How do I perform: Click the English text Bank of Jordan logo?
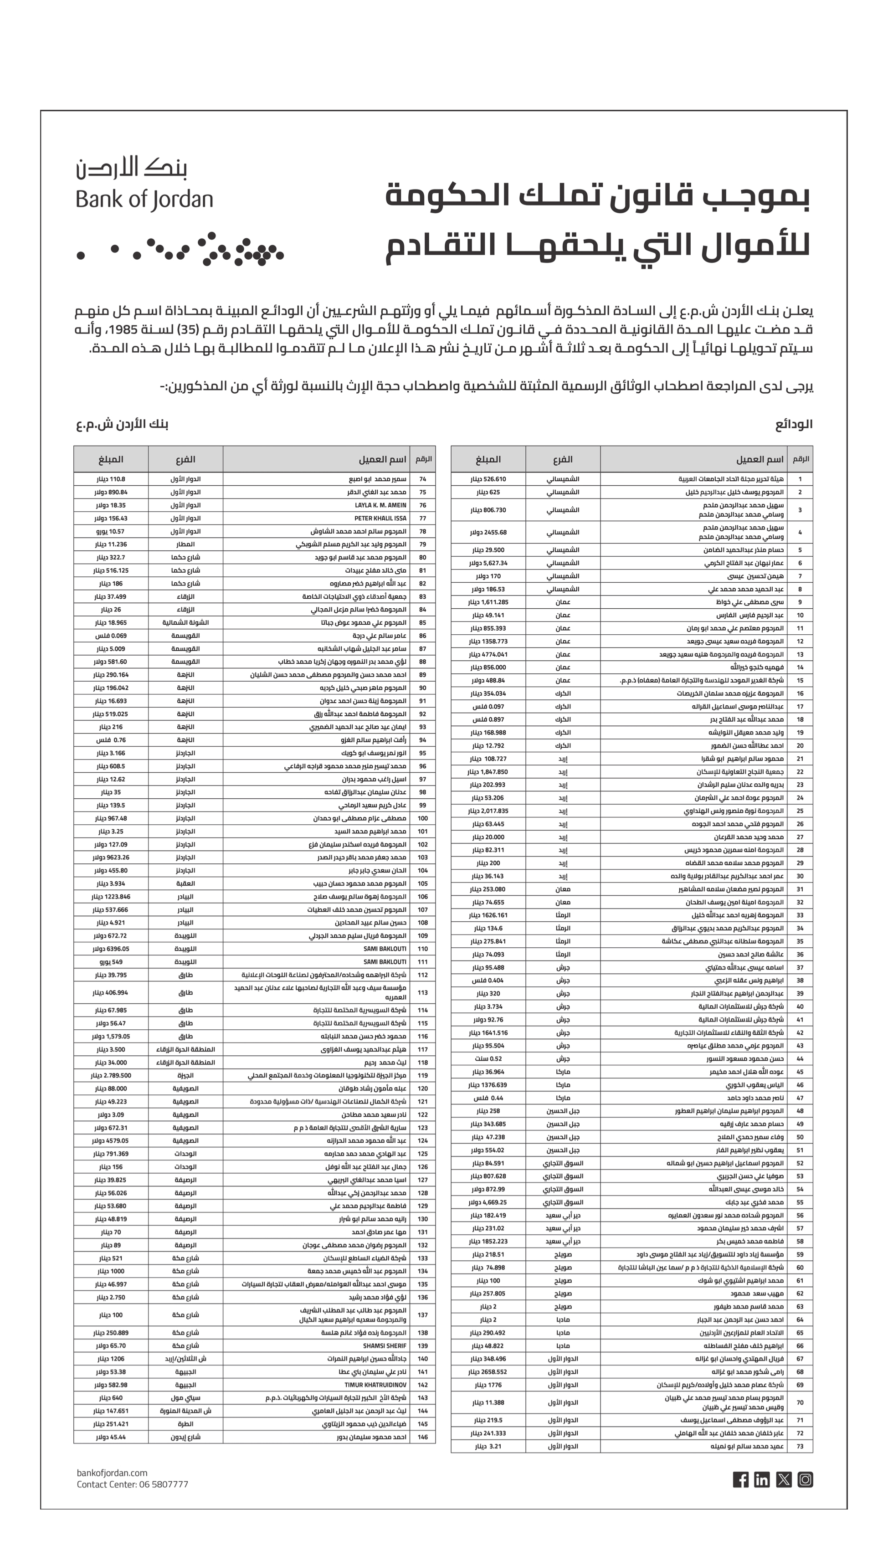click(144, 200)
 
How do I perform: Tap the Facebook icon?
click(740, 1479)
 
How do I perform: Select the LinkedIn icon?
click(762, 1479)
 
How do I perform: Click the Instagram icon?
click(805, 1479)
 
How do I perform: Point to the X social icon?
click(784, 1479)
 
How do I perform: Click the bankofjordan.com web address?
click(112, 1473)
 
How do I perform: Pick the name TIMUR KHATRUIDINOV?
click(376, 1385)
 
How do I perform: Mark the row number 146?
click(423, 1437)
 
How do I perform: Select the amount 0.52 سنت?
click(488, 1058)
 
